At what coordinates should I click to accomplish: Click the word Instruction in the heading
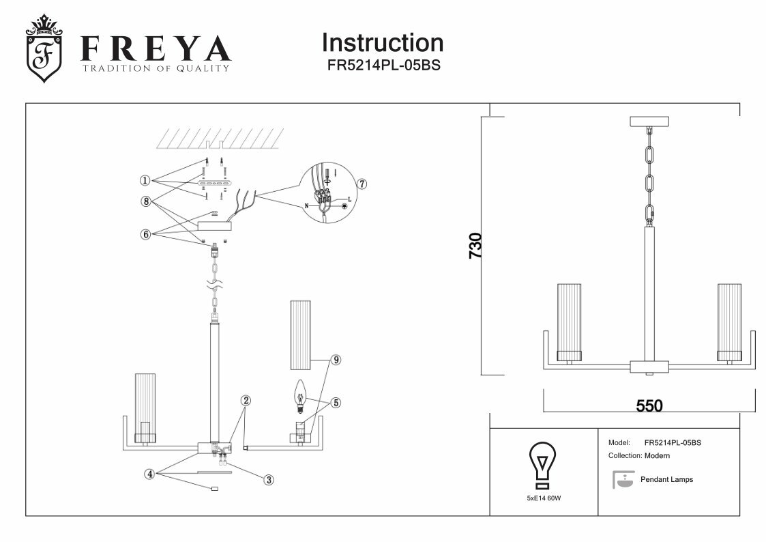pyautogui.click(x=382, y=43)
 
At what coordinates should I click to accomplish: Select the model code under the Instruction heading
pyautogui.click(x=383, y=66)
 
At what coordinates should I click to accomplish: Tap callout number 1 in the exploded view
pyautogui.click(x=145, y=181)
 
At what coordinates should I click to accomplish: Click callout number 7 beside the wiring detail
pyautogui.click(x=362, y=184)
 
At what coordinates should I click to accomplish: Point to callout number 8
pyautogui.click(x=145, y=201)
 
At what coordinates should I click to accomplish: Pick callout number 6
pyautogui.click(x=145, y=234)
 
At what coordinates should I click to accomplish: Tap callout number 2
pyautogui.click(x=246, y=400)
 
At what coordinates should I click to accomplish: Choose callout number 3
pyautogui.click(x=269, y=480)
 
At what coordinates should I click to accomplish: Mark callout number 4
pyautogui.click(x=148, y=473)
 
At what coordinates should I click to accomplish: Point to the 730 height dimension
pyautogui.click(x=475, y=246)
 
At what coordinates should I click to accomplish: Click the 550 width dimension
pyautogui.click(x=649, y=405)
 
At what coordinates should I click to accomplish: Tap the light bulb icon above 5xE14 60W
pyautogui.click(x=543, y=465)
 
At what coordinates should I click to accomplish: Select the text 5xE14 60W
pyautogui.click(x=544, y=499)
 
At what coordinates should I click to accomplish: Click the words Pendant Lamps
pyautogui.click(x=666, y=480)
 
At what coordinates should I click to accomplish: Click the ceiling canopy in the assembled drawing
pyautogui.click(x=649, y=122)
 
